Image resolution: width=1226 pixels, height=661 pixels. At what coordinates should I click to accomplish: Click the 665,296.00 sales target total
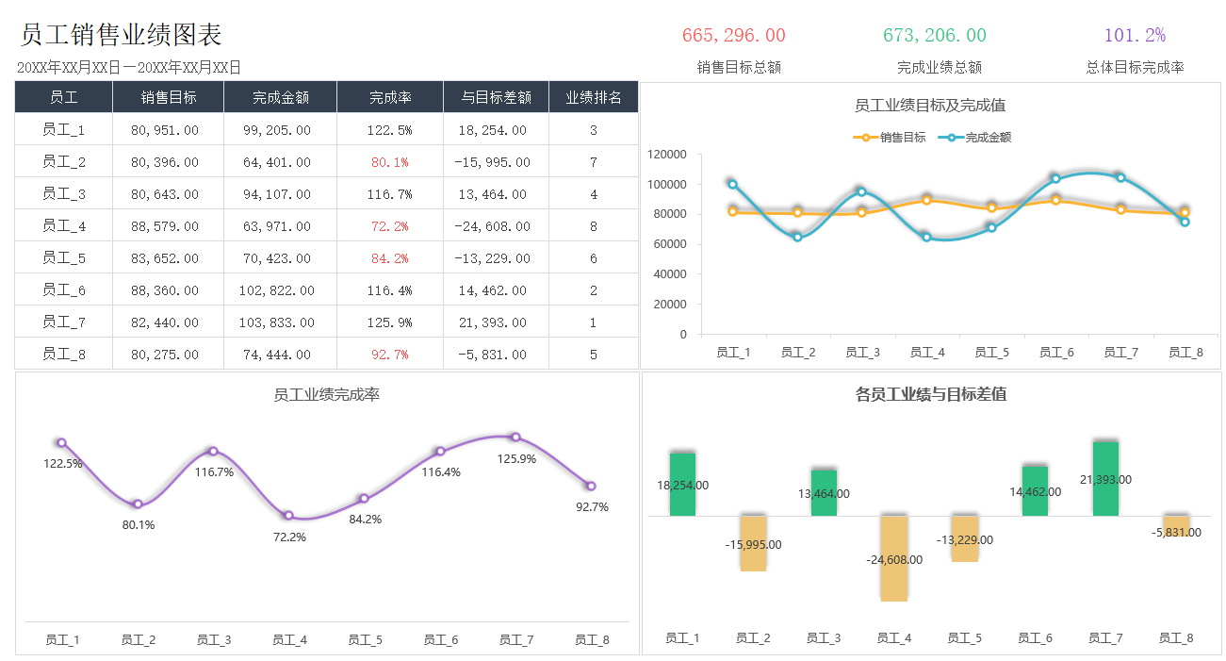point(733,36)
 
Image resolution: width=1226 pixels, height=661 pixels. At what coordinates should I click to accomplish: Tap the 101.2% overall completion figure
point(1135,36)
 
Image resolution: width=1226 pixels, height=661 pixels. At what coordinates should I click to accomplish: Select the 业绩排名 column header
point(593,97)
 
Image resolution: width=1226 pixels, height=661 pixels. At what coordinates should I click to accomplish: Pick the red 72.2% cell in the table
point(389,226)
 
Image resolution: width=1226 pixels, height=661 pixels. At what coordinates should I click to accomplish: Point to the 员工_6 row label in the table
point(63,290)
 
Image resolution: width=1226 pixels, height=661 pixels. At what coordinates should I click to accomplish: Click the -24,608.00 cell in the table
point(492,226)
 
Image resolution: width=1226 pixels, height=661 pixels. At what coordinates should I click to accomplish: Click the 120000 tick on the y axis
point(667,154)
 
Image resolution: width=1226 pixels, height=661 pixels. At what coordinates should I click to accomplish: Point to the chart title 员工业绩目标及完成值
point(929,106)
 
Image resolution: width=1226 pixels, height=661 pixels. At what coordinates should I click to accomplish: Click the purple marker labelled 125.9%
point(515,438)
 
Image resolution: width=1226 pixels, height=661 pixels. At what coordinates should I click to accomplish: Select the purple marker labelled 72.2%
point(288,516)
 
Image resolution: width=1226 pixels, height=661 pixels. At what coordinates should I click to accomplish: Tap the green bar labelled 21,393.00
point(1105,478)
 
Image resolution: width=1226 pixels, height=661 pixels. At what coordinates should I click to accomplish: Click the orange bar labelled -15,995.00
point(753,542)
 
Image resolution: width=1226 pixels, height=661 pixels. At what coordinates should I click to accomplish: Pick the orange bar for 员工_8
point(1176,525)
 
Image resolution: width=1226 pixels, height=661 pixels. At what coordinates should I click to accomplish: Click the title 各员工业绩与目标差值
point(930,394)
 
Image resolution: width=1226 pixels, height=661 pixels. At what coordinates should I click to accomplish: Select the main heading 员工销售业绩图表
point(121,35)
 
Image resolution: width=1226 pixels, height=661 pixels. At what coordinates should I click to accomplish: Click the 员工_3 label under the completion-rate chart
point(214,640)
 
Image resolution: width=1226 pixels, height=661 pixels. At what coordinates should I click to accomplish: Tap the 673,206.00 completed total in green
point(934,36)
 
